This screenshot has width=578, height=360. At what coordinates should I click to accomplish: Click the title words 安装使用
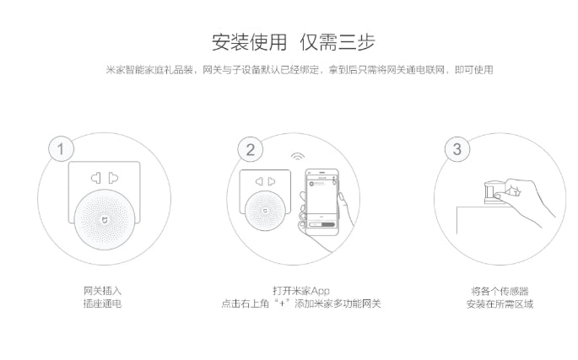(249, 41)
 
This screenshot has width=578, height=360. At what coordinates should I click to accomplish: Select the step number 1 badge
(57, 150)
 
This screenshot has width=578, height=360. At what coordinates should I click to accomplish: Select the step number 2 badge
(250, 150)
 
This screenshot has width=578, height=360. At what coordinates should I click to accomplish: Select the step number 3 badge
(456, 150)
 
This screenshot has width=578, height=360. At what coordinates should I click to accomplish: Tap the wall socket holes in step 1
(100, 179)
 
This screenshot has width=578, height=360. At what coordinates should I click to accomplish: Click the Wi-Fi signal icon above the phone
(297, 159)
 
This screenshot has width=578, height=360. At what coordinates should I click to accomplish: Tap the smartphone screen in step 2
(321, 202)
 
